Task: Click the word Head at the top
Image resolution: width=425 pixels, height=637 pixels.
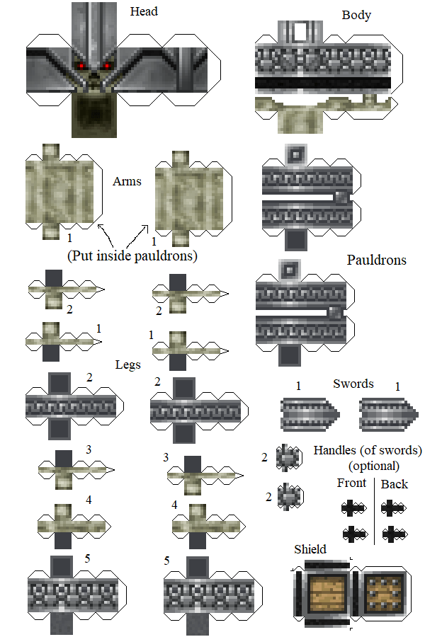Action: pyautogui.click(x=144, y=11)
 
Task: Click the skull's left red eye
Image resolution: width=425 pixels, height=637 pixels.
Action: pyautogui.click(x=83, y=67)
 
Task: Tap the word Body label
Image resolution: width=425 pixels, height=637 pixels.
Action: pyautogui.click(x=356, y=15)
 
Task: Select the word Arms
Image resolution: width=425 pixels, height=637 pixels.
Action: pyautogui.click(x=127, y=181)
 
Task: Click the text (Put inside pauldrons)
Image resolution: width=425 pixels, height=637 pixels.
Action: pyautogui.click(x=132, y=256)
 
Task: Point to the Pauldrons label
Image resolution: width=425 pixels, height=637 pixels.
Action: pyautogui.click(x=376, y=260)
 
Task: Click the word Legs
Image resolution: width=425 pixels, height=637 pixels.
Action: pyautogui.click(x=127, y=365)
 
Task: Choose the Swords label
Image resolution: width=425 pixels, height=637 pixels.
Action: pyautogui.click(x=353, y=384)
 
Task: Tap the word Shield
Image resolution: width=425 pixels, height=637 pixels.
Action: pyautogui.click(x=310, y=549)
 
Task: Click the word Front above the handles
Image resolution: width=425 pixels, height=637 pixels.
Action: pyautogui.click(x=351, y=483)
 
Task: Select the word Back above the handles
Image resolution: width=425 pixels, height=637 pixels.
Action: pyautogui.click(x=395, y=484)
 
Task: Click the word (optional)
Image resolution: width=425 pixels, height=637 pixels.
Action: pyautogui.click(x=373, y=466)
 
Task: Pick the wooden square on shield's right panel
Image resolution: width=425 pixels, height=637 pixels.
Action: pyautogui.click(x=385, y=592)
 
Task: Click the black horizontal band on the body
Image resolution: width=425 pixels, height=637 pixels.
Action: pyautogui.click(x=323, y=84)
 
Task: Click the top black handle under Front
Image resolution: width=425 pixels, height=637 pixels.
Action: pyautogui.click(x=352, y=507)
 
